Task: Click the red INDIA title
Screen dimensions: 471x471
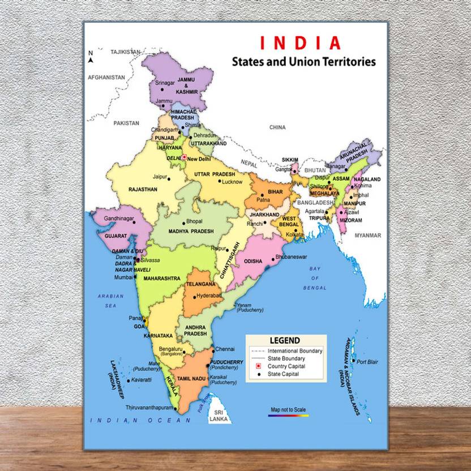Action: click(x=301, y=43)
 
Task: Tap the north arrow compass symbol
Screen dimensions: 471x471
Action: click(x=91, y=57)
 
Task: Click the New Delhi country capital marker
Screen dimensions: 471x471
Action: click(x=183, y=157)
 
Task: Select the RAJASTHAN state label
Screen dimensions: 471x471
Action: click(x=143, y=190)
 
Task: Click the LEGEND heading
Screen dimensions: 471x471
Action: click(x=285, y=341)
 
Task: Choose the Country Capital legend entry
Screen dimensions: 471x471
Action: click(x=286, y=366)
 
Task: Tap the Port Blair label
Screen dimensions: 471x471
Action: click(x=367, y=361)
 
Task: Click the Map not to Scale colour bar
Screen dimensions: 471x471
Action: click(x=288, y=416)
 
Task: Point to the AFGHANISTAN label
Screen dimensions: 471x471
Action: click(x=106, y=76)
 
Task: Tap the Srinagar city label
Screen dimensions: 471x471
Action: click(x=165, y=83)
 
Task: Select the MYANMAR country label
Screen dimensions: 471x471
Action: click(x=369, y=235)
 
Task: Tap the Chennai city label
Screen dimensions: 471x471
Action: click(x=225, y=349)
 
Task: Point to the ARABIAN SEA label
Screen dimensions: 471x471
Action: click(x=110, y=301)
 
